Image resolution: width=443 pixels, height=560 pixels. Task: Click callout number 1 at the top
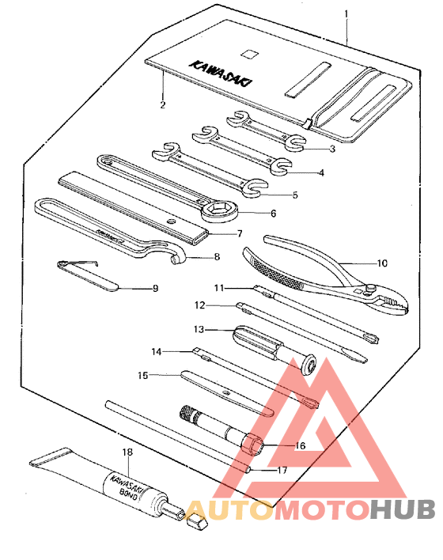coord(346,14)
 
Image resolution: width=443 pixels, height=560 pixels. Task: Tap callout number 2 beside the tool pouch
coord(162,104)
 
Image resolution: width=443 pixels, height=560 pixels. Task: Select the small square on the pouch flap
coord(252,54)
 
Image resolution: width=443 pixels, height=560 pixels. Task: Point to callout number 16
coord(299,445)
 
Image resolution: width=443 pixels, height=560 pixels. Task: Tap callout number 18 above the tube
coord(127,452)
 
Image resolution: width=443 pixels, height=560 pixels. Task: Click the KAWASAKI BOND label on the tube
coord(123,485)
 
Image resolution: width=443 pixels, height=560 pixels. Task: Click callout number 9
coord(155,289)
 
